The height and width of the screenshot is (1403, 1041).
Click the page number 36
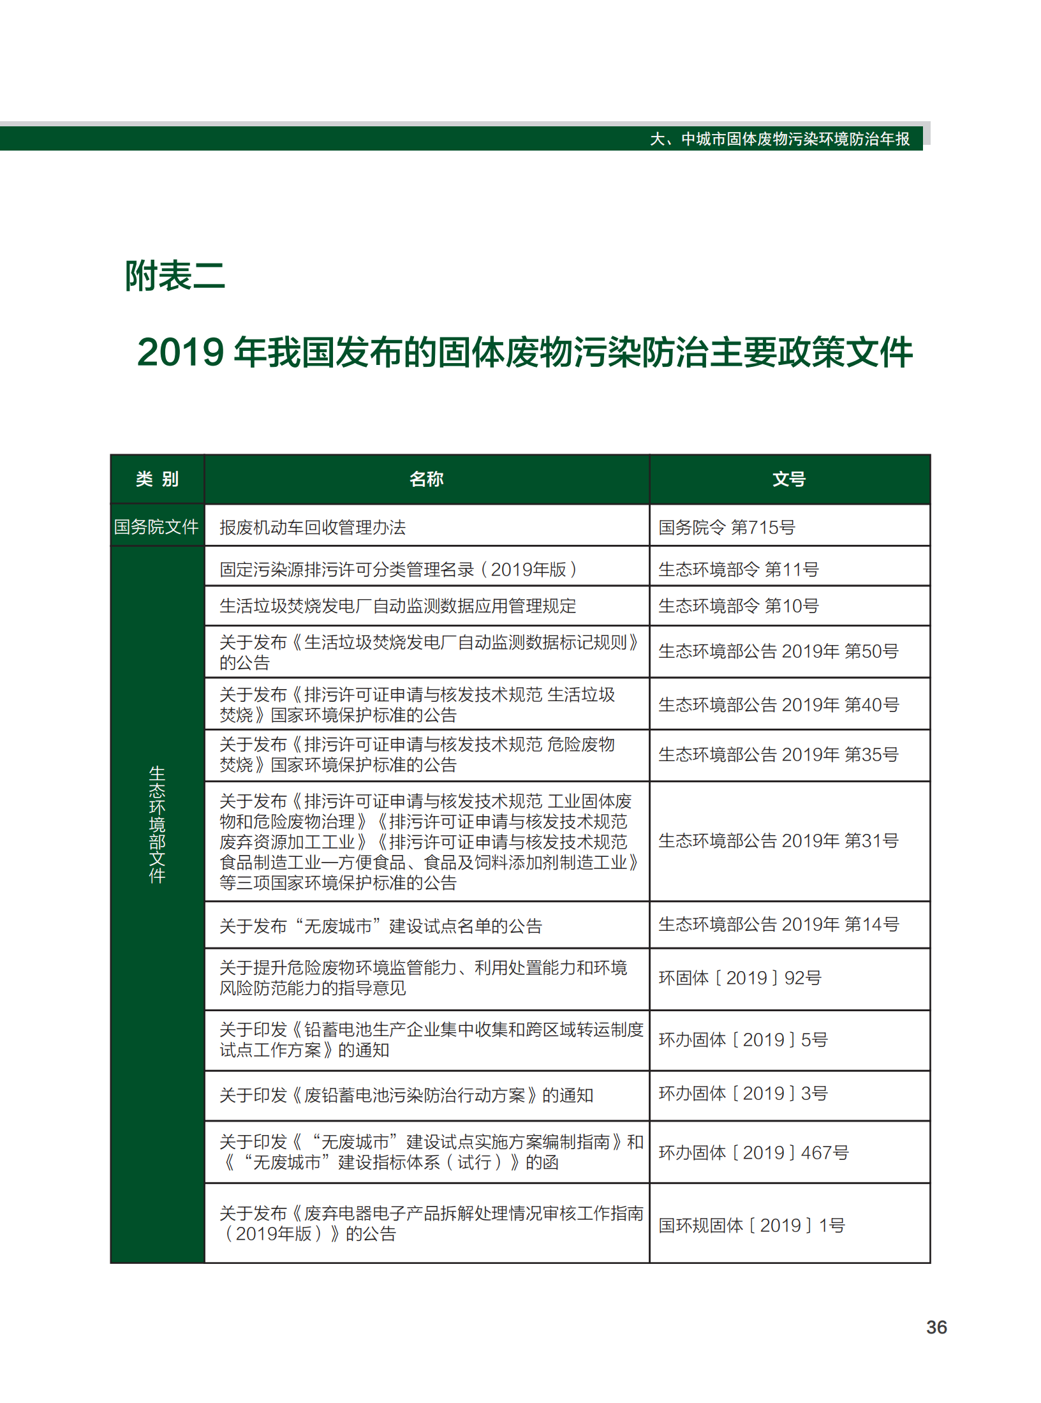[x=936, y=1327]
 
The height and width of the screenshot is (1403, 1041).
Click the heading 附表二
[x=175, y=276]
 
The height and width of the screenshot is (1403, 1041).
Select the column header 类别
[x=157, y=479]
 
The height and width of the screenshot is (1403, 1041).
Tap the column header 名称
[x=426, y=479]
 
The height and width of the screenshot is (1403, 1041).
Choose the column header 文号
[x=789, y=479]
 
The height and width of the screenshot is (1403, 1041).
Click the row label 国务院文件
[x=156, y=527]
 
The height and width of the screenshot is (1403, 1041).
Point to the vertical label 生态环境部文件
[x=157, y=824]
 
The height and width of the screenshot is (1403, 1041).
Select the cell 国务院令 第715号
[x=727, y=528]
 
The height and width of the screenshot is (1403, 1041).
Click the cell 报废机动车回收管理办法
[x=313, y=528]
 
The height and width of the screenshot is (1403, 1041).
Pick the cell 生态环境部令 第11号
[x=738, y=569]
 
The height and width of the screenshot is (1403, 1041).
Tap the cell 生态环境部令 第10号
[x=738, y=605]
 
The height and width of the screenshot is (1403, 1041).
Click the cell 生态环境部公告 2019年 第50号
[x=778, y=651]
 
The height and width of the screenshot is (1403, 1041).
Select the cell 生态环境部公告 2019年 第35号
[x=778, y=755]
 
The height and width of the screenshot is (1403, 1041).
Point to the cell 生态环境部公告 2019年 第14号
[x=778, y=924]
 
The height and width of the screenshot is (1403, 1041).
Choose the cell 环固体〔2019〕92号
[x=740, y=978]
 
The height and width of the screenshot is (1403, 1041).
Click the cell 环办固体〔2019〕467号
[x=753, y=1152]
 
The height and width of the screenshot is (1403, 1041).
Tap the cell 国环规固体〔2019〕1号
[x=751, y=1225]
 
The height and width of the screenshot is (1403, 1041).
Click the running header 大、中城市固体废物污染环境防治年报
[x=779, y=139]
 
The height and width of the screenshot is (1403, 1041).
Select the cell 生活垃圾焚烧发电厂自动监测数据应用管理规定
[x=397, y=605]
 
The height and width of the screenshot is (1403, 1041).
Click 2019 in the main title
[x=181, y=352]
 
